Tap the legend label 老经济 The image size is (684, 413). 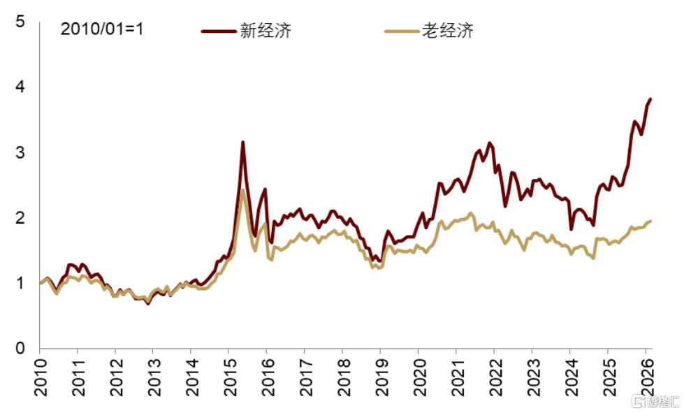(x=448, y=30)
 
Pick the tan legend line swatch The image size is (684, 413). (x=400, y=31)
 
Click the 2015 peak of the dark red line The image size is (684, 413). (x=242, y=143)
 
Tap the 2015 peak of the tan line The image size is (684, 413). (x=242, y=190)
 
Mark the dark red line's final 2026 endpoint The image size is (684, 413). (x=650, y=99)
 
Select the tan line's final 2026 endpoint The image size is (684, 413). (x=650, y=221)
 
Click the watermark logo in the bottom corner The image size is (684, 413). (x=655, y=401)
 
